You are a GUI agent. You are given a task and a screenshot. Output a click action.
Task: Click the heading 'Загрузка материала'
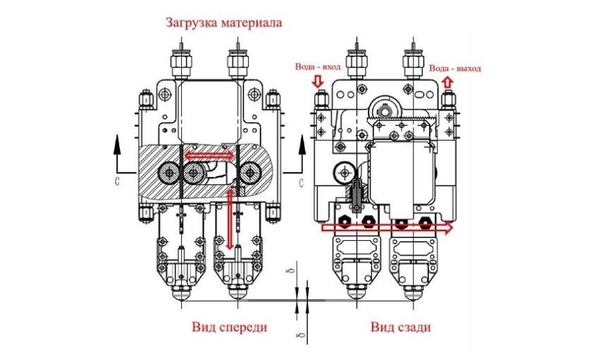click(224, 22)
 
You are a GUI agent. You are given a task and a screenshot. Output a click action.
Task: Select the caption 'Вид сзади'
click(400, 328)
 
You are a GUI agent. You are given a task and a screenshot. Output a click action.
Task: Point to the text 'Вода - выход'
click(454, 68)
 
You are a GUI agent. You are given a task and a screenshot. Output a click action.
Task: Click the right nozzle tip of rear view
click(412, 296)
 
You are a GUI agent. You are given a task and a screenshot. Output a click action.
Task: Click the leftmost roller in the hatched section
click(169, 171)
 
